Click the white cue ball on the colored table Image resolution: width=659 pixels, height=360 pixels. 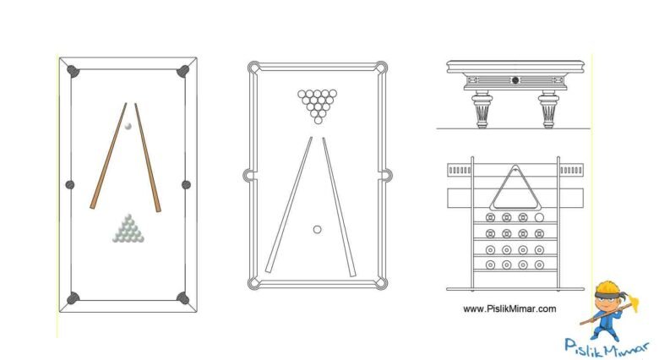tap(128, 126)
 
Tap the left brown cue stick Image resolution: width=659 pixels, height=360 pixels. tap(108, 156)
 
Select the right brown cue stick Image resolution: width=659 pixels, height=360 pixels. tap(148, 157)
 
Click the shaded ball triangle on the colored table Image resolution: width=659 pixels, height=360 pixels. tap(128, 229)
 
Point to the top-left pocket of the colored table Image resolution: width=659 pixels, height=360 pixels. tap(74, 71)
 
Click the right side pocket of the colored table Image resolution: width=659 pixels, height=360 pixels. tap(186, 184)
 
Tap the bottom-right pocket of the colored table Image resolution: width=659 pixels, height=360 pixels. tap(182, 298)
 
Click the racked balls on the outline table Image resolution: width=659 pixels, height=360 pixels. tap(318, 106)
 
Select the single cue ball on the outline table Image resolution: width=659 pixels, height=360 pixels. tap(318, 229)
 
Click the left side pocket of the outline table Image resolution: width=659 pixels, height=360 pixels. tap(248, 176)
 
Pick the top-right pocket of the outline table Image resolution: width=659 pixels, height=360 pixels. tap(381, 68)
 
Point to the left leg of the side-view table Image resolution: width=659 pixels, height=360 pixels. tap(482, 109)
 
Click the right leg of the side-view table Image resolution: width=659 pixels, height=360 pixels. tap(548, 109)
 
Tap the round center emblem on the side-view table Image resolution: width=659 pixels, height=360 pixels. tap(515, 80)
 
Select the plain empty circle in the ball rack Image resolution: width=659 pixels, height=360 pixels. tap(539, 217)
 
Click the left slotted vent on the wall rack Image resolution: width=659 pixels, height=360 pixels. tap(460, 171)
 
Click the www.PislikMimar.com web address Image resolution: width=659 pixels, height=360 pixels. tap(509, 308)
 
